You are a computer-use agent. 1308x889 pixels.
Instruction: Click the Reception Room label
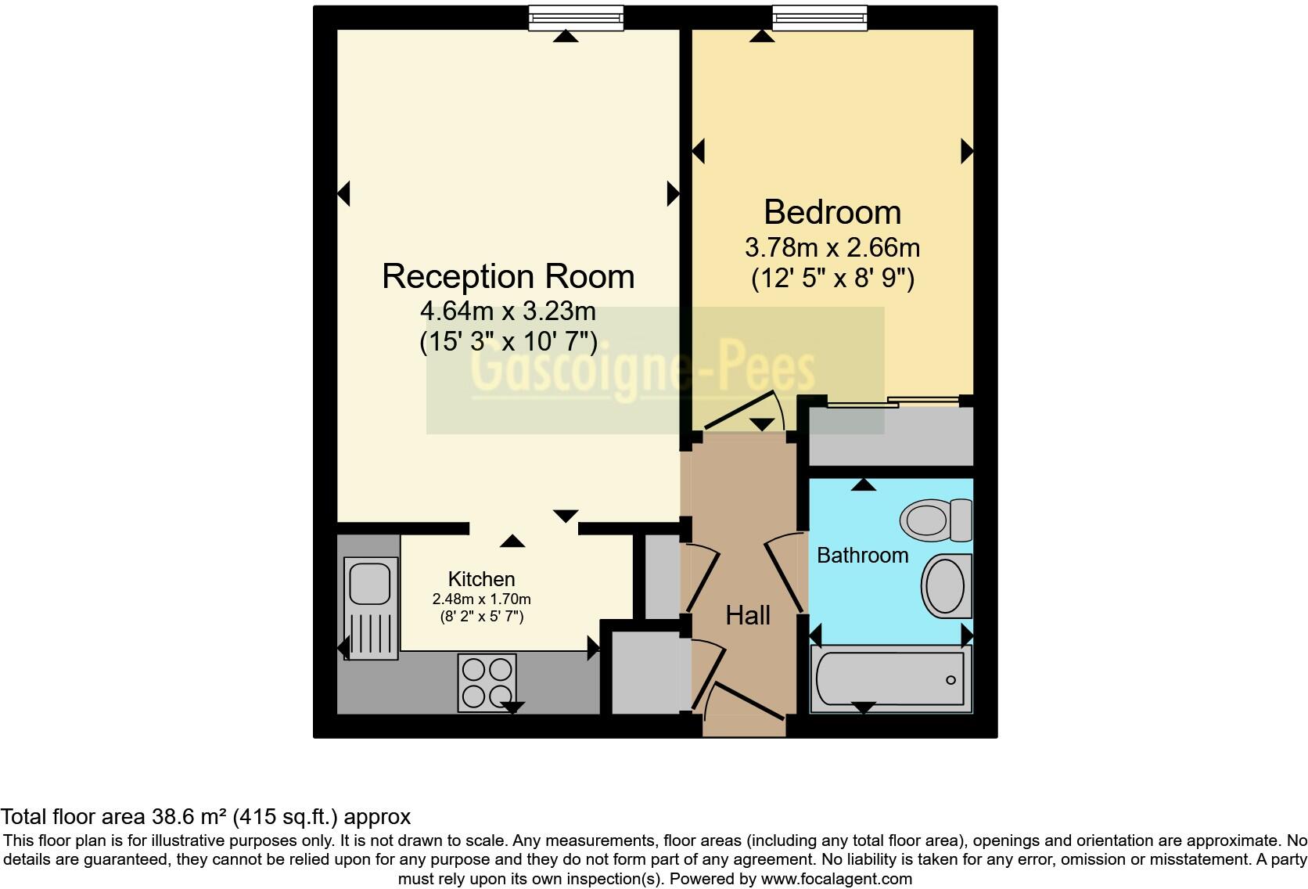pyautogui.click(x=508, y=277)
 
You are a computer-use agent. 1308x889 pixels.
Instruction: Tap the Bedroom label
pyautogui.click(x=832, y=213)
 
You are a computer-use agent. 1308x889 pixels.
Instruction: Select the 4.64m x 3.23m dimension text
pyautogui.click(x=508, y=311)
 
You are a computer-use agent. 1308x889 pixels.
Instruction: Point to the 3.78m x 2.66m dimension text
pyautogui.click(x=832, y=248)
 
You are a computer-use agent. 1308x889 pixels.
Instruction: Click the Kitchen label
pyautogui.click(x=481, y=579)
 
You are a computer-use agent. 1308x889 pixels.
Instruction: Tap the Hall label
pyautogui.click(x=748, y=616)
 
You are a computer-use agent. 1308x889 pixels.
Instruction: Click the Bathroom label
pyautogui.click(x=862, y=556)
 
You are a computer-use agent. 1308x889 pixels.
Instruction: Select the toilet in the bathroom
pyautogui.click(x=936, y=520)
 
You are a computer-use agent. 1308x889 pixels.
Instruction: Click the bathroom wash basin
pyautogui.click(x=947, y=586)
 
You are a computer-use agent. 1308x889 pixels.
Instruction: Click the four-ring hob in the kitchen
pyautogui.click(x=487, y=682)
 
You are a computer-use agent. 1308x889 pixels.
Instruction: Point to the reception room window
pyautogui.click(x=576, y=17)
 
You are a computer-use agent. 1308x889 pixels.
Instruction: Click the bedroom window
pyautogui.click(x=819, y=17)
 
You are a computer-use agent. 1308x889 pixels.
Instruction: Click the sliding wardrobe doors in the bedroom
pyautogui.click(x=893, y=403)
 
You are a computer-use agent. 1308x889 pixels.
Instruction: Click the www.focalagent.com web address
pyautogui.click(x=835, y=879)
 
